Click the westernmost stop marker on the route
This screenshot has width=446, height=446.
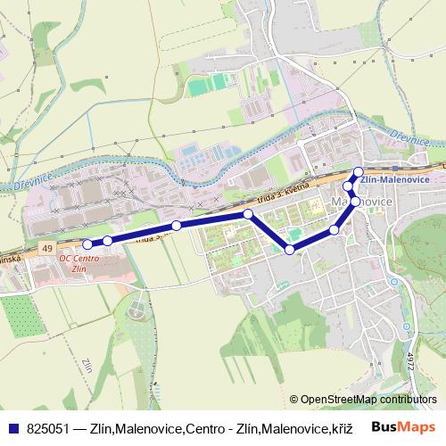87,244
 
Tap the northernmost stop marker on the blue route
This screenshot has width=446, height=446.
359,172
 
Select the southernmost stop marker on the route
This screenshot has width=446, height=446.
290,249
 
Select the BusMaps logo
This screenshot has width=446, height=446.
409,427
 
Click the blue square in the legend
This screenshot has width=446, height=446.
13,428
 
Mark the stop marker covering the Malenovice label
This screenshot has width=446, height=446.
355,202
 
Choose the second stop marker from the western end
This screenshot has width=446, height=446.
108,240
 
